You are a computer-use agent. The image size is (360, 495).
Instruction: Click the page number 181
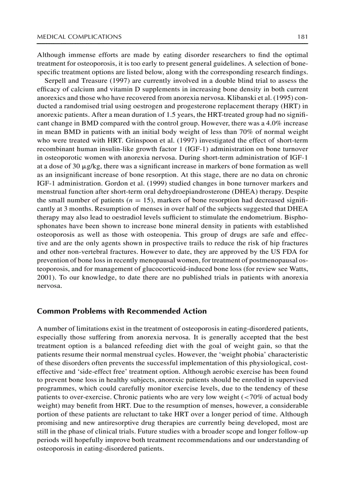pos(302,37)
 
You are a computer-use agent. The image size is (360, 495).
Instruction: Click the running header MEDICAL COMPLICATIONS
pos(79,37)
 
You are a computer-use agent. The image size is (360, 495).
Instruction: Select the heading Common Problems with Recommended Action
pos(122,311)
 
